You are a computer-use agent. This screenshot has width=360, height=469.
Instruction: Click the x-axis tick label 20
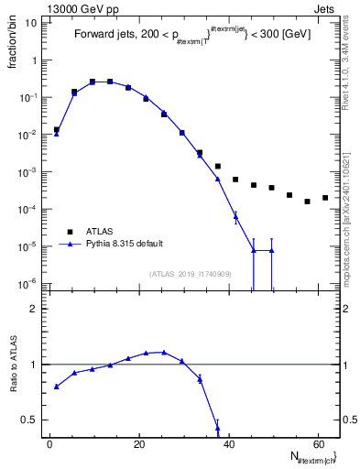pyautogui.click(x=138, y=445)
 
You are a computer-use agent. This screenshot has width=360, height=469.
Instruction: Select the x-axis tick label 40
pyautogui.click(x=228, y=445)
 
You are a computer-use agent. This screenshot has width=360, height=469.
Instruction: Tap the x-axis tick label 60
pyautogui.click(x=317, y=445)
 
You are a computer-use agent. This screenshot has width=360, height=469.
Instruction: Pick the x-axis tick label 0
pyautogui.click(x=49, y=445)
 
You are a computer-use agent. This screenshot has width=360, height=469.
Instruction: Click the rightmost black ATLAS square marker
pyautogui.click(x=325, y=198)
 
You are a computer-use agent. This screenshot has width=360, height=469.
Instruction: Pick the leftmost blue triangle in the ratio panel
pyautogui.click(x=57, y=387)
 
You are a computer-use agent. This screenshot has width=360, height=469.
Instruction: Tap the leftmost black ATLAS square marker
pyautogui.click(x=57, y=130)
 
